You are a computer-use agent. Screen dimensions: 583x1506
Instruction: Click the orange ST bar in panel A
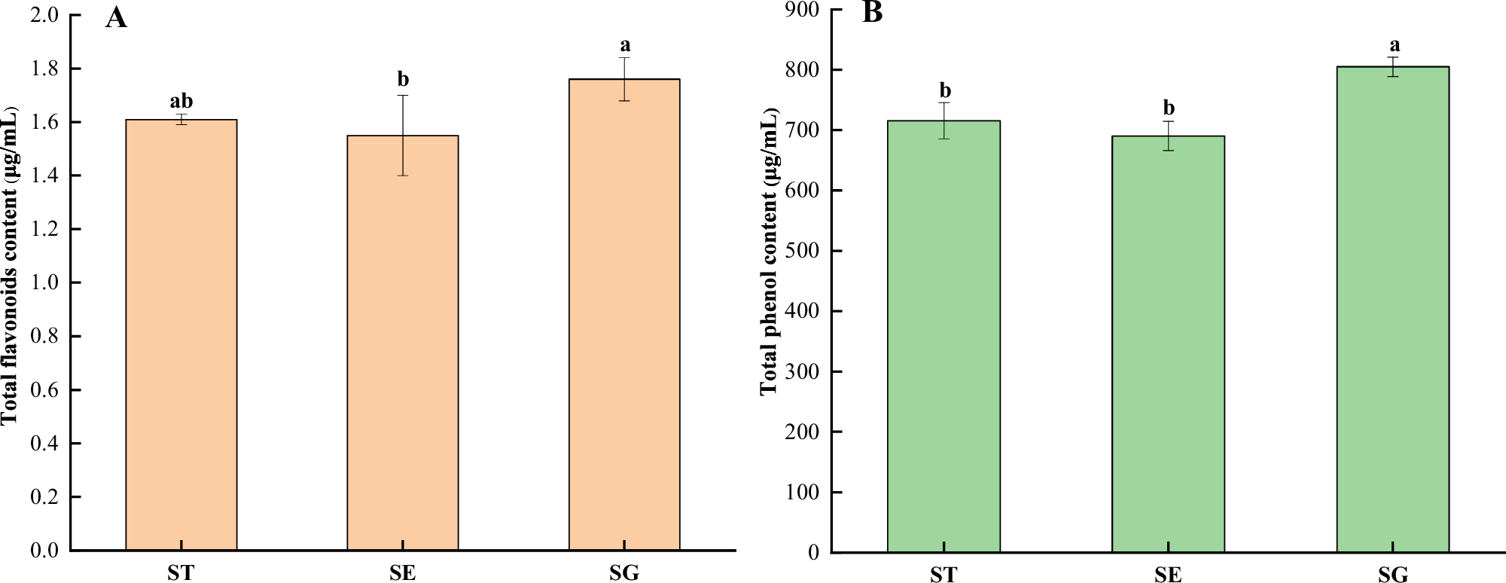pos(181,335)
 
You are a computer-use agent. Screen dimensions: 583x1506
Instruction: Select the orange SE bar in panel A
pos(403,343)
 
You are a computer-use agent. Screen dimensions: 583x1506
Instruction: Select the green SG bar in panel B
pos(1393,310)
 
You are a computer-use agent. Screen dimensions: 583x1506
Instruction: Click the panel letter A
pos(116,17)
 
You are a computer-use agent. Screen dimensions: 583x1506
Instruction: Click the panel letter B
pos(872,13)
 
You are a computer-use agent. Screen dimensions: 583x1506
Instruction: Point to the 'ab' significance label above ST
pos(181,101)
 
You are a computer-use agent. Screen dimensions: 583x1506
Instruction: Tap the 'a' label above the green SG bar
pos(1395,45)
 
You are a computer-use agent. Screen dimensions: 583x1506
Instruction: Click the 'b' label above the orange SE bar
pos(403,79)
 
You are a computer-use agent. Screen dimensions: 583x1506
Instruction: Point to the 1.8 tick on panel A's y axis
pos(44,69)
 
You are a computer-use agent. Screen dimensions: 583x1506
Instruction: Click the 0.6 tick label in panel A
pos(44,390)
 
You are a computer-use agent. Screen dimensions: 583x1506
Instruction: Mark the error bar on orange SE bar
pos(403,135)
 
